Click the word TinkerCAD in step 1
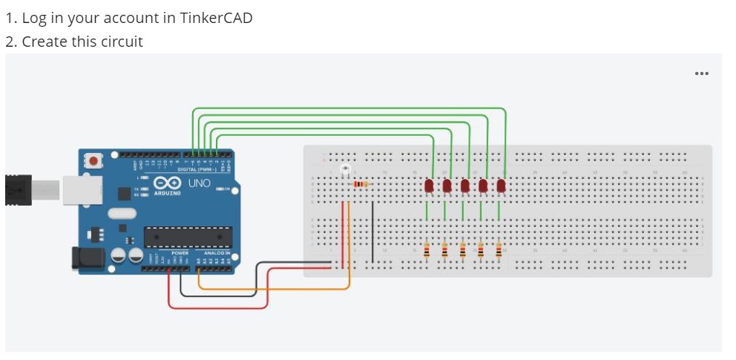[x=215, y=18]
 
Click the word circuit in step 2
[x=119, y=42]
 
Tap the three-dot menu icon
[x=701, y=73]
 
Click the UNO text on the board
[x=199, y=183]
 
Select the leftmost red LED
[x=429, y=186]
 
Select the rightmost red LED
[x=501, y=186]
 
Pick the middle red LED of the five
[x=465, y=186]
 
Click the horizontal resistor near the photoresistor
[x=361, y=183]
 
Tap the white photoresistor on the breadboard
[x=344, y=171]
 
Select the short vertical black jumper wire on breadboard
[x=372, y=226]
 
